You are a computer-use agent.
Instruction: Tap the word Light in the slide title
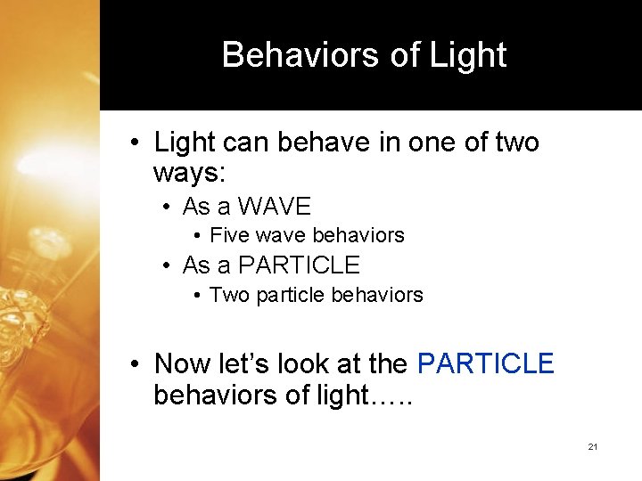tap(467, 55)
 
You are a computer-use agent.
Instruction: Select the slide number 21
tap(593, 446)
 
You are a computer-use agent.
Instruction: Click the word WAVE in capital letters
tap(276, 207)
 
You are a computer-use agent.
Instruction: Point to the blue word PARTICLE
tap(485, 363)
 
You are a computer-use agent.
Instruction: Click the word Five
tap(228, 236)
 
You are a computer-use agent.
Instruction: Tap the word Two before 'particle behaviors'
tap(229, 295)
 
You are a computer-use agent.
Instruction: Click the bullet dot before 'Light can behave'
tap(132, 143)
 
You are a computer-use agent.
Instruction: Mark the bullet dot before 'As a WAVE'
tap(167, 208)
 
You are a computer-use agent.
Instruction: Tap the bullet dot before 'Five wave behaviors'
tap(196, 236)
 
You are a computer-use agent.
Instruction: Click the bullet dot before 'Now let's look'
tap(132, 363)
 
